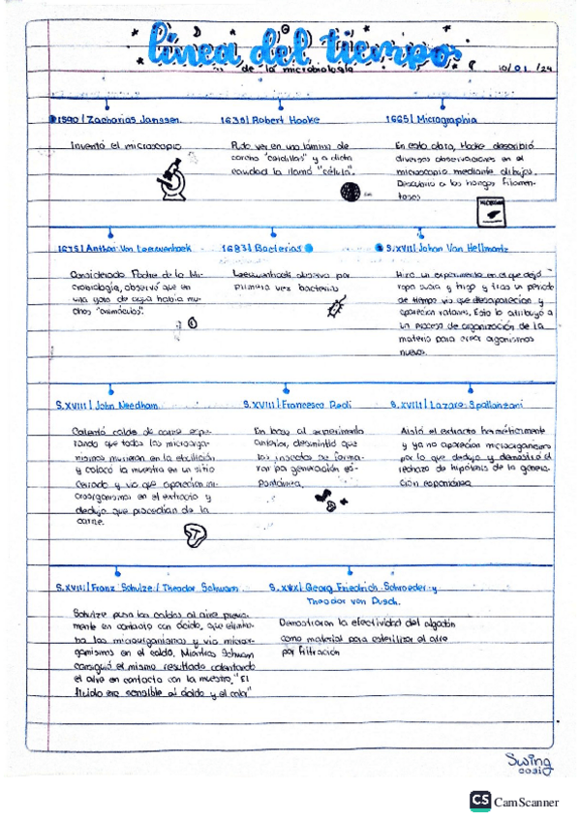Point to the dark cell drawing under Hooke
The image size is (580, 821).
(349, 192)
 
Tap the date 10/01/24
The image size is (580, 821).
(529, 69)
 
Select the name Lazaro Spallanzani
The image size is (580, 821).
(455, 403)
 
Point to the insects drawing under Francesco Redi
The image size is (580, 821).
(329, 501)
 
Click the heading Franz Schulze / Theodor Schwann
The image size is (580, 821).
(145, 588)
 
